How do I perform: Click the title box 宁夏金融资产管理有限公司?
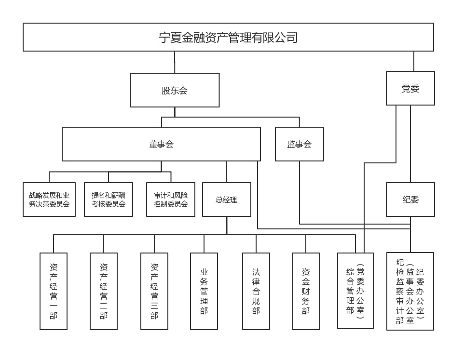point(228,37)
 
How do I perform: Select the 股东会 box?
point(175,90)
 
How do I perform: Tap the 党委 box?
point(410,88)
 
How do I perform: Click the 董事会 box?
point(161,144)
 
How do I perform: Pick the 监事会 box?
point(299,144)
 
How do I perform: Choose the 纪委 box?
point(410,200)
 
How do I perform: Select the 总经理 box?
point(226,200)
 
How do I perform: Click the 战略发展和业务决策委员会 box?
point(49,200)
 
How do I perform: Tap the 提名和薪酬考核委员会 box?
point(109,200)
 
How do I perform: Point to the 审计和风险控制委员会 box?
point(171,200)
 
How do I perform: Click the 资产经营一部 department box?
point(54,291)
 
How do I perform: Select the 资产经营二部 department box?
point(104,291)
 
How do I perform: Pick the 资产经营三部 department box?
point(154,291)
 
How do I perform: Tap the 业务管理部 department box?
point(204,291)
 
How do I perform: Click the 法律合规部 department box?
point(256,291)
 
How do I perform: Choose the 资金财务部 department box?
point(306,291)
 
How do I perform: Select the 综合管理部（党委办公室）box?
point(355,291)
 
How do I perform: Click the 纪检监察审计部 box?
point(410,291)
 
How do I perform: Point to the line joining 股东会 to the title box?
point(175,62)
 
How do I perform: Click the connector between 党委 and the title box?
point(413,61)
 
